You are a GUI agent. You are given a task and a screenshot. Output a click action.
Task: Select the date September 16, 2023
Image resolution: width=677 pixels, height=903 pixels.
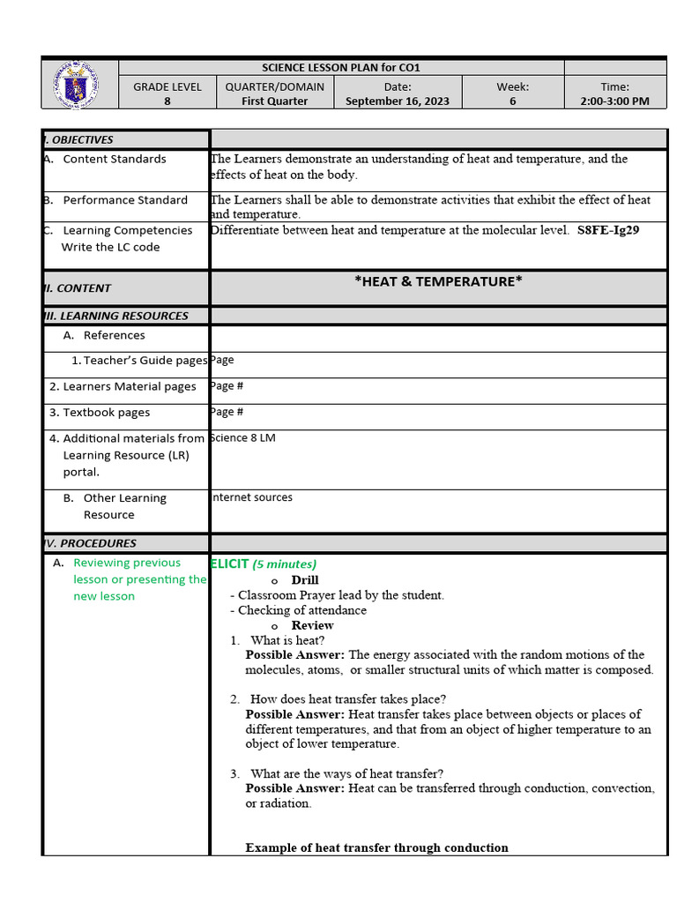pos(397,101)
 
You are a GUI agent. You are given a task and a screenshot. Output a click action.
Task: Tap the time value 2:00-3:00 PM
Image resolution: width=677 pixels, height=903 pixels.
pos(615,101)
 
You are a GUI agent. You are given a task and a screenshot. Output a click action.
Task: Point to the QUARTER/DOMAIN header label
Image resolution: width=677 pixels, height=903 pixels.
pos(275,86)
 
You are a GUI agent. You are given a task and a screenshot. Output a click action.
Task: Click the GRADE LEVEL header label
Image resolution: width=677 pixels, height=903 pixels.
pos(167,86)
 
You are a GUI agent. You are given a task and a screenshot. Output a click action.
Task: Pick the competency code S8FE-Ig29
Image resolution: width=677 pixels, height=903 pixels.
pos(608,230)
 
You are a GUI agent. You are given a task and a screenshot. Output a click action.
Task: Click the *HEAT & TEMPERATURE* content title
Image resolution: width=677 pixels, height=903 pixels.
pos(438,281)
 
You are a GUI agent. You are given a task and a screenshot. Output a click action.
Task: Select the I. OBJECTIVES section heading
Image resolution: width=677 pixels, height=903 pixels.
pos(79,139)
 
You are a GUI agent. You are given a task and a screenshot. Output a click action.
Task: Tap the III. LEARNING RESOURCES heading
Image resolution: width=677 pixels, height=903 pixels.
pos(116,316)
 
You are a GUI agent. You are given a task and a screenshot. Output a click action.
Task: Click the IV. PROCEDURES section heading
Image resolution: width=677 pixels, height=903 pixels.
pos(91,543)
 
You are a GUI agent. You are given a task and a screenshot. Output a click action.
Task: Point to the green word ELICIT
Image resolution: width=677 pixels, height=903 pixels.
pos(229,563)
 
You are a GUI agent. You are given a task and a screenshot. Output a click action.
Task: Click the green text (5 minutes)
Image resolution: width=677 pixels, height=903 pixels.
pos(285,564)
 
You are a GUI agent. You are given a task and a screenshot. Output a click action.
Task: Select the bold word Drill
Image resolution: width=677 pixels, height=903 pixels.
pos(305,580)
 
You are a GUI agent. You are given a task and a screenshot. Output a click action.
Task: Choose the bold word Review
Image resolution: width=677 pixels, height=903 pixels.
pos(312,625)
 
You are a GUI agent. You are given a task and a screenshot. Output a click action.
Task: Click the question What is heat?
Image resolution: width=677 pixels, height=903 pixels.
pos(287,640)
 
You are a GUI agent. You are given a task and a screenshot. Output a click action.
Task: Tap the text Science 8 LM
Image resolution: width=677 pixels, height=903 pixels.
pos(243,438)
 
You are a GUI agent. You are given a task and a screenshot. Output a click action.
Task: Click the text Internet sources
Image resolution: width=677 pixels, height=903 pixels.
pos(251,497)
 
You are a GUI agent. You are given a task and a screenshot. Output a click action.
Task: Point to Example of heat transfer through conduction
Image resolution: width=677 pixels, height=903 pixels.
pos(376,847)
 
